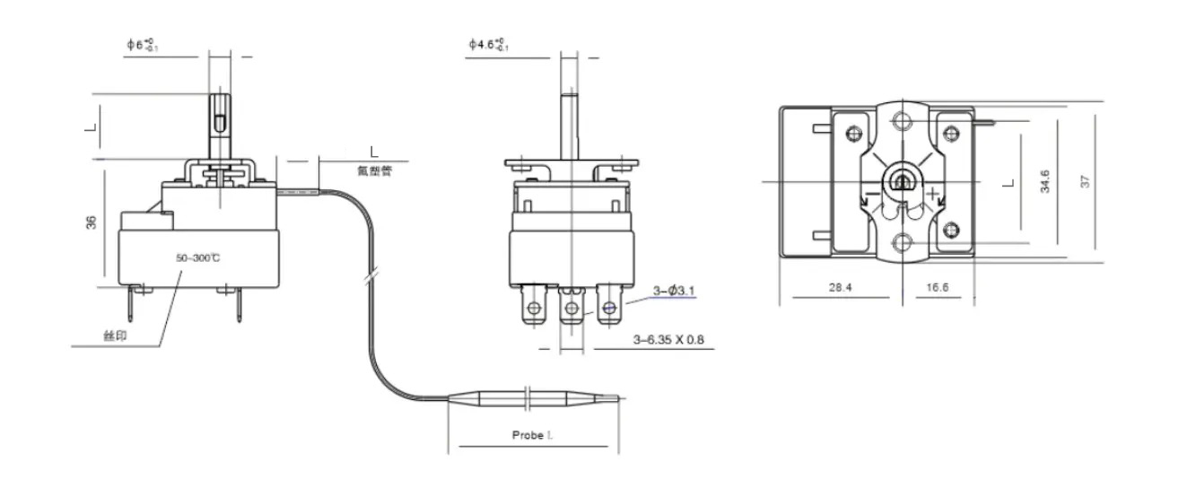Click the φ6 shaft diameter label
[x=143, y=45]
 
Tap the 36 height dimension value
[x=92, y=222]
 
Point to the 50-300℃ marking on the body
[x=197, y=258]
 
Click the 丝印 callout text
[x=115, y=335]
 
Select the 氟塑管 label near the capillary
[x=373, y=170]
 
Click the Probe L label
[x=532, y=434]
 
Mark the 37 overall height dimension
[x=1086, y=180]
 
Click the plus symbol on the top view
[x=934, y=193]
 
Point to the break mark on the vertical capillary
[x=369, y=278]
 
